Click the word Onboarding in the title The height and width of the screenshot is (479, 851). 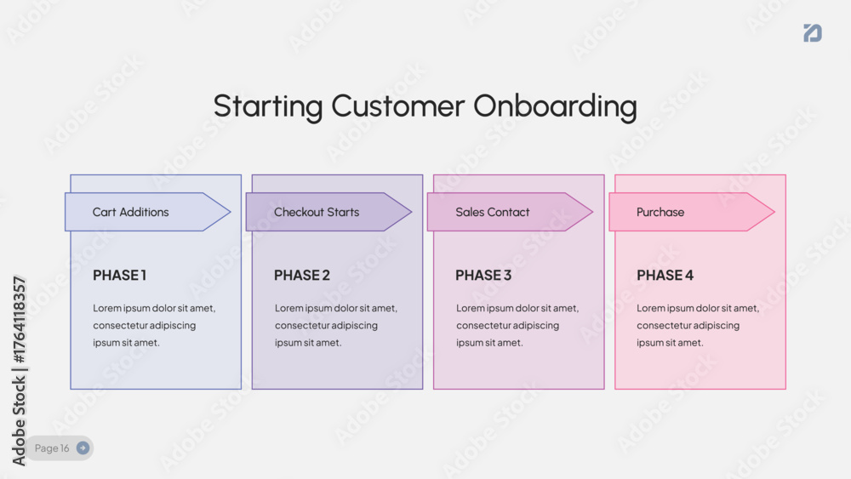[x=555, y=106]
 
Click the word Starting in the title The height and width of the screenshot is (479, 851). [x=268, y=106]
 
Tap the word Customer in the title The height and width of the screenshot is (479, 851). [x=397, y=105]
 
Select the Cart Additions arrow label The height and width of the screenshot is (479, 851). [x=131, y=212]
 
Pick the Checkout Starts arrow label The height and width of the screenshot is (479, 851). [x=317, y=212]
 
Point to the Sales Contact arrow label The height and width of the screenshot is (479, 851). [x=492, y=212]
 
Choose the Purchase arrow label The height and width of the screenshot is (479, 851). [x=660, y=212]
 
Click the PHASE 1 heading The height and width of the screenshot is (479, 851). [x=119, y=276]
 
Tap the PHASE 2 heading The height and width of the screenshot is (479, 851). [x=302, y=276]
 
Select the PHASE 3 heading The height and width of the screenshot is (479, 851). [x=483, y=276]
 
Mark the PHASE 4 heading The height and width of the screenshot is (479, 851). [x=665, y=276]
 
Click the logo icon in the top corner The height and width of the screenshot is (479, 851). [x=813, y=32]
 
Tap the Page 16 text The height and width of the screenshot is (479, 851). [x=52, y=448]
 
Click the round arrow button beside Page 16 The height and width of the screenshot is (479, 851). [x=83, y=448]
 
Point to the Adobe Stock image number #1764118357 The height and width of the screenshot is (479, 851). [x=19, y=320]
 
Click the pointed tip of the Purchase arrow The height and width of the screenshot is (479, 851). [x=774, y=212]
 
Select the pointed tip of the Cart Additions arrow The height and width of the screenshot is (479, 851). [x=230, y=212]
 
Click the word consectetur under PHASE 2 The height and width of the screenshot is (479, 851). [x=300, y=326]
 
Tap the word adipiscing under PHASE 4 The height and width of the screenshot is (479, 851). [x=714, y=326]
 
